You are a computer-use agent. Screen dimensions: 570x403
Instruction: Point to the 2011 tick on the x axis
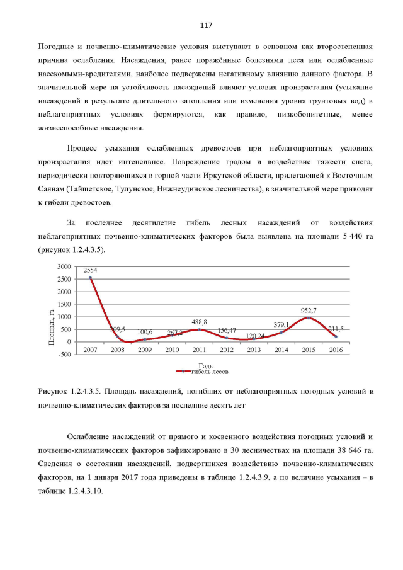200,349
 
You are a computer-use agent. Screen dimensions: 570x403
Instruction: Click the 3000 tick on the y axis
64,267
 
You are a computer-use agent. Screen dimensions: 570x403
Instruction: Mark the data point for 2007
90,278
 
